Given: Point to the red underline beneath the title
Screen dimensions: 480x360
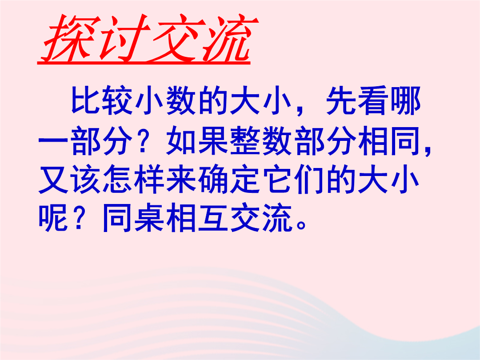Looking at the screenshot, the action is pos(144,63).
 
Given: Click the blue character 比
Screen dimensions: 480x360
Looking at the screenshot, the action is pos(86,100).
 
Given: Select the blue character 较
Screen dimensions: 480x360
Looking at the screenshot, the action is pos(118,100).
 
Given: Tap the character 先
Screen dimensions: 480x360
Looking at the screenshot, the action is pos(341,100).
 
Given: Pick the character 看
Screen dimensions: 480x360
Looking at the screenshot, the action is pos(373,100).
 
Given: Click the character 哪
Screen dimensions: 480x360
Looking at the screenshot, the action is pos(405,100).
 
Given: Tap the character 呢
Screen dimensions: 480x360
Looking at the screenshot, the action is pos(54,217).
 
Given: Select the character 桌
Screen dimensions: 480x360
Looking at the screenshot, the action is pos(150,217).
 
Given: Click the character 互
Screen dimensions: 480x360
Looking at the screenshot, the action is pos(214,217).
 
